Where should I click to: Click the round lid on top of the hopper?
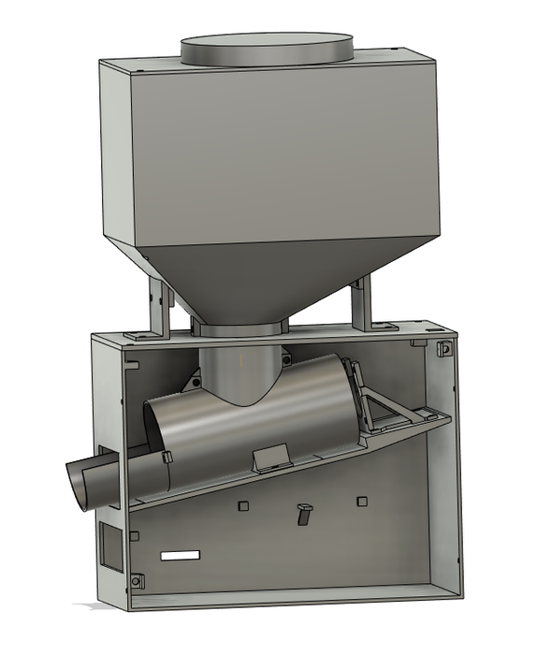tap(267, 47)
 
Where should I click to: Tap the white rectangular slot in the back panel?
tap(181, 556)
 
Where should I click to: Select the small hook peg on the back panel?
tap(304, 513)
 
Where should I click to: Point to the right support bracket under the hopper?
tap(363, 301)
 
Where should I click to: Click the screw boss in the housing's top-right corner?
tap(443, 350)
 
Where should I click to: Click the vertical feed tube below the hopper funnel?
tap(239, 365)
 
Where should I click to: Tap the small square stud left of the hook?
tap(243, 505)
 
